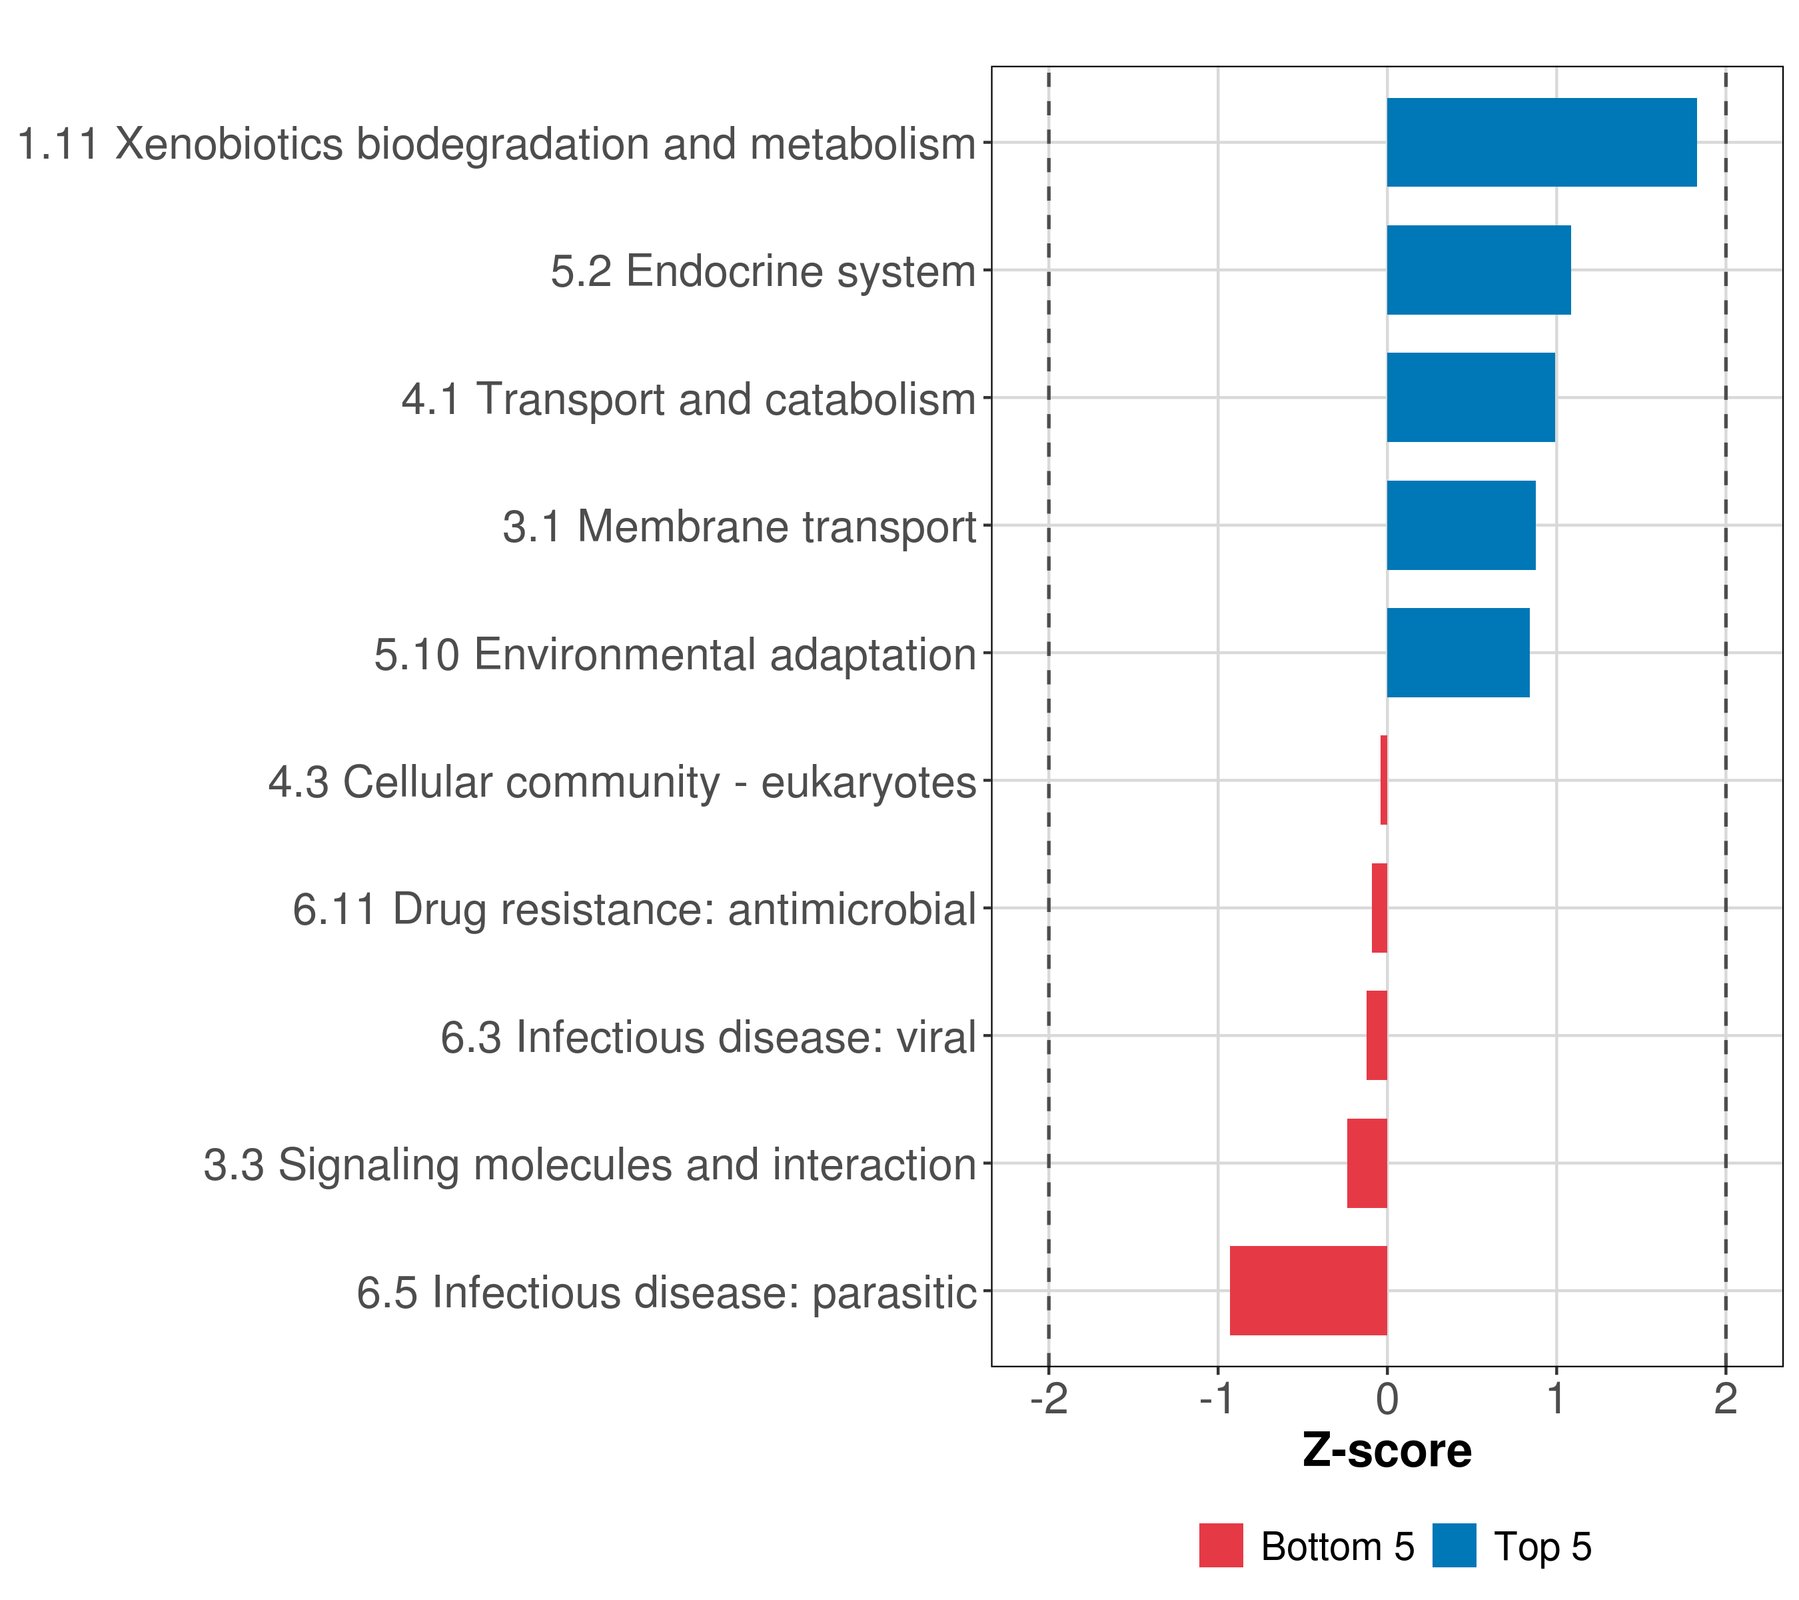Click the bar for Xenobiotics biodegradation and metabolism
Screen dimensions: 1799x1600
tap(1542, 143)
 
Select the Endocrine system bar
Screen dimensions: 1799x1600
tap(1479, 271)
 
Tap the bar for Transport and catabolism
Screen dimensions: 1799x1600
tap(1471, 397)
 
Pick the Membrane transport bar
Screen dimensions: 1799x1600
tap(1461, 525)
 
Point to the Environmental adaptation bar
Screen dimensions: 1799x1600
tap(1459, 653)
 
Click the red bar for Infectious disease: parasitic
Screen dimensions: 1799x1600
tap(1309, 1291)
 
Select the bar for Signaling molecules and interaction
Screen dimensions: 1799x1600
tap(1367, 1163)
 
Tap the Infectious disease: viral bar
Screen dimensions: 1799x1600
tap(1377, 1035)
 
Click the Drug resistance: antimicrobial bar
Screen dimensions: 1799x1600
tap(1379, 908)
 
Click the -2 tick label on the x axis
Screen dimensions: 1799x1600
tap(1048, 1399)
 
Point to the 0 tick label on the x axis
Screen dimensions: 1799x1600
tap(1387, 1399)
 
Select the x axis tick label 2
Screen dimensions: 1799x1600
tap(1726, 1399)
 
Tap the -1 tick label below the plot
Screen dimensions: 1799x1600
tap(1218, 1399)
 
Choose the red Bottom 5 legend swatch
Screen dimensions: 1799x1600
tap(1221, 1545)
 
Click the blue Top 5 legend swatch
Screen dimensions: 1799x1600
tap(1454, 1545)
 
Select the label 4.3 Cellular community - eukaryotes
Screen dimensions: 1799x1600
tap(622, 783)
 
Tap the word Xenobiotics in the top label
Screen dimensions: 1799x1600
tap(229, 143)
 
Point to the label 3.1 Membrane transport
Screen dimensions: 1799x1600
tap(740, 527)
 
